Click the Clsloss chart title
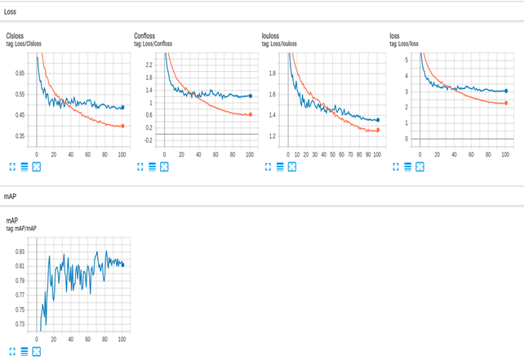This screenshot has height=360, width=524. tap(16, 36)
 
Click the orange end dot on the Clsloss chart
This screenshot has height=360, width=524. tap(122, 126)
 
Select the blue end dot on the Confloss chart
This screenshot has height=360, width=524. tap(251, 96)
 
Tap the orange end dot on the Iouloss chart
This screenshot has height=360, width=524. tap(378, 130)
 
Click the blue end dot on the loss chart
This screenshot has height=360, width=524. tap(506, 91)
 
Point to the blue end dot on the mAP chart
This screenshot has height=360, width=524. tap(122, 264)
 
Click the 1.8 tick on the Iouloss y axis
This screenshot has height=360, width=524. tap(274, 73)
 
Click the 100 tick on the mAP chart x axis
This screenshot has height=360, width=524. tap(122, 338)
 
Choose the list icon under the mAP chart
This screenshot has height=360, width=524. tap(24, 351)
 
